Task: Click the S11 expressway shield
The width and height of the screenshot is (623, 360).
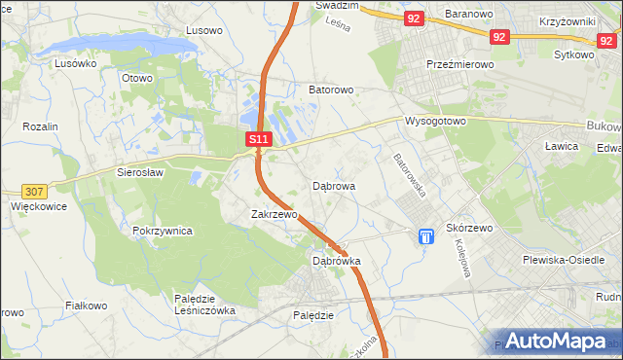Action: [x=257, y=140]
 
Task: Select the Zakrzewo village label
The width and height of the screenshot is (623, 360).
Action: [x=274, y=214]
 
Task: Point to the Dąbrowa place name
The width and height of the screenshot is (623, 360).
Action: [x=334, y=185]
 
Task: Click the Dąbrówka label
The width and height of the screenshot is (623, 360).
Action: [x=337, y=261]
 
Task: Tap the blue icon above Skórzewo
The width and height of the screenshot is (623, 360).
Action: [x=425, y=236]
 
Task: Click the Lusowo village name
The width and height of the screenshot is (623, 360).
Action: [x=204, y=30]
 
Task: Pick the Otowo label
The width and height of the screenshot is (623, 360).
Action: [x=137, y=78]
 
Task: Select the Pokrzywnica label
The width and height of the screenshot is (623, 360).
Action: [x=163, y=232]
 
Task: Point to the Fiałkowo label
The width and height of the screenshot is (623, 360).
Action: [x=86, y=306]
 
